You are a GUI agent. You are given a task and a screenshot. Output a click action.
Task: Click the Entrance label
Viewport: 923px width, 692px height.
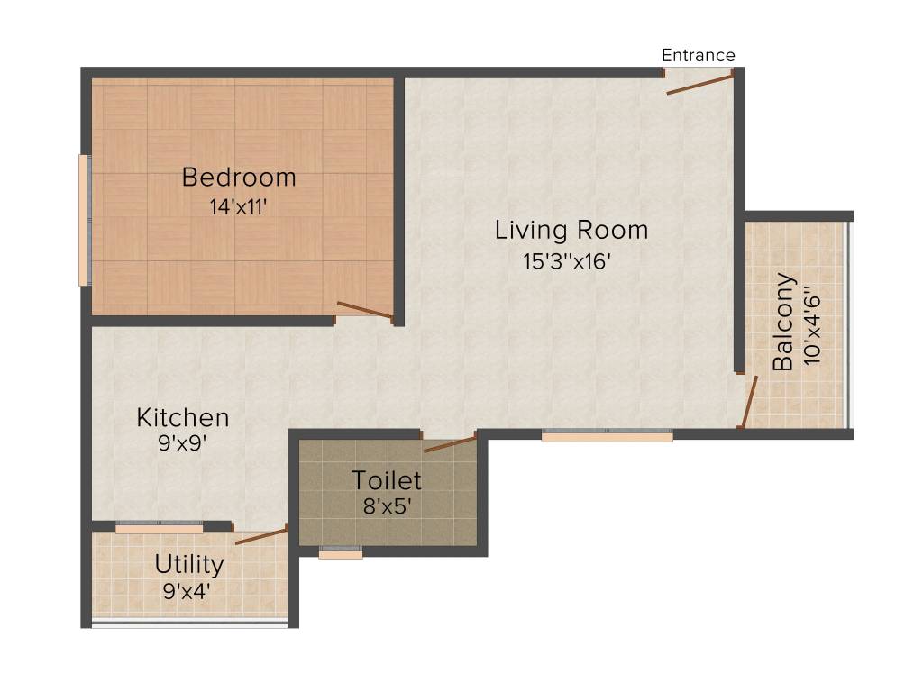tap(698, 56)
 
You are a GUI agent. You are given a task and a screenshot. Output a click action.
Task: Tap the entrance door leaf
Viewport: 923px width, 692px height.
tap(699, 84)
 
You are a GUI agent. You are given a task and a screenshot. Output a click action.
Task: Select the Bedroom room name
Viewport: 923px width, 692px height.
tap(239, 177)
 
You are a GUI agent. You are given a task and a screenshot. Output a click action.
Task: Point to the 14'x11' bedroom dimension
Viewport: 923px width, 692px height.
tap(239, 205)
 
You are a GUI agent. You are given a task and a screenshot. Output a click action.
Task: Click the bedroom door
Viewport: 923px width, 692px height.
tap(364, 310)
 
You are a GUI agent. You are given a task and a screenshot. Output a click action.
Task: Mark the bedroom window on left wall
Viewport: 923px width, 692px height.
tap(84, 220)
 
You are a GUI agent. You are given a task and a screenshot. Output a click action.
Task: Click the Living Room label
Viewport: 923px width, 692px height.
tap(571, 230)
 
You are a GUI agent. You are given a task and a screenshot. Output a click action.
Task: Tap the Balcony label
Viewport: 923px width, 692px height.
tap(784, 322)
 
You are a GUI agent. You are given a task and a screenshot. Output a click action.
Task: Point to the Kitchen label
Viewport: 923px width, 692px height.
tap(183, 418)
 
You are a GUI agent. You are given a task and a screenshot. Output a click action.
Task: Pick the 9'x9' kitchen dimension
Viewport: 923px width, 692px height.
tap(183, 442)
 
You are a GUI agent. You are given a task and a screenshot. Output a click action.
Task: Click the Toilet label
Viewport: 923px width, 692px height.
tap(387, 479)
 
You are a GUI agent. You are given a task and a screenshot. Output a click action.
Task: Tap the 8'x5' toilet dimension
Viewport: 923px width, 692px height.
tap(387, 505)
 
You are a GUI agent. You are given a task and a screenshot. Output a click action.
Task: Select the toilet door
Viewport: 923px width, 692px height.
tap(449, 442)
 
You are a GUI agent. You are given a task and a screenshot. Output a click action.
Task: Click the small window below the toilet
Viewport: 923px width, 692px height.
tap(341, 553)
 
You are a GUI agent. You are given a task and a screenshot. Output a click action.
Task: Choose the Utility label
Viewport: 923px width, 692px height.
tap(189, 565)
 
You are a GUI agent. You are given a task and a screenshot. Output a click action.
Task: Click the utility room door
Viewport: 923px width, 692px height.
tap(260, 537)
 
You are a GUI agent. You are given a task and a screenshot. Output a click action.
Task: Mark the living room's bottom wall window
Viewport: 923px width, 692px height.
tap(607, 436)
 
